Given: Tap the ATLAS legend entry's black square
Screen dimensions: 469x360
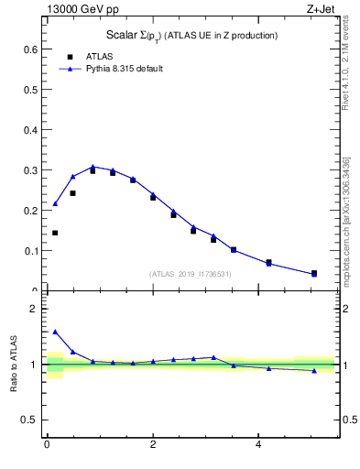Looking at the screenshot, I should point(70,57).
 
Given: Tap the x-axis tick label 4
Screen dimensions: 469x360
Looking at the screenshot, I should point(258,445).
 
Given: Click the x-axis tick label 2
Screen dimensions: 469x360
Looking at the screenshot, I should point(152,445).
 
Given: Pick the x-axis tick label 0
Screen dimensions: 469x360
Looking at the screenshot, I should point(47,445).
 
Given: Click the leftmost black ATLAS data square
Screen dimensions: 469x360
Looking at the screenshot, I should point(55,233).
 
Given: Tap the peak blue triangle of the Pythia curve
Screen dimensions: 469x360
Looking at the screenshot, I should point(93,167).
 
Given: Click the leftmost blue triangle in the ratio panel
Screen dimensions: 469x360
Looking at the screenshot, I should point(55,332).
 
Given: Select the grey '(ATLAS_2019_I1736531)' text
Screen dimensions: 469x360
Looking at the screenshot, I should point(191,274).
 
